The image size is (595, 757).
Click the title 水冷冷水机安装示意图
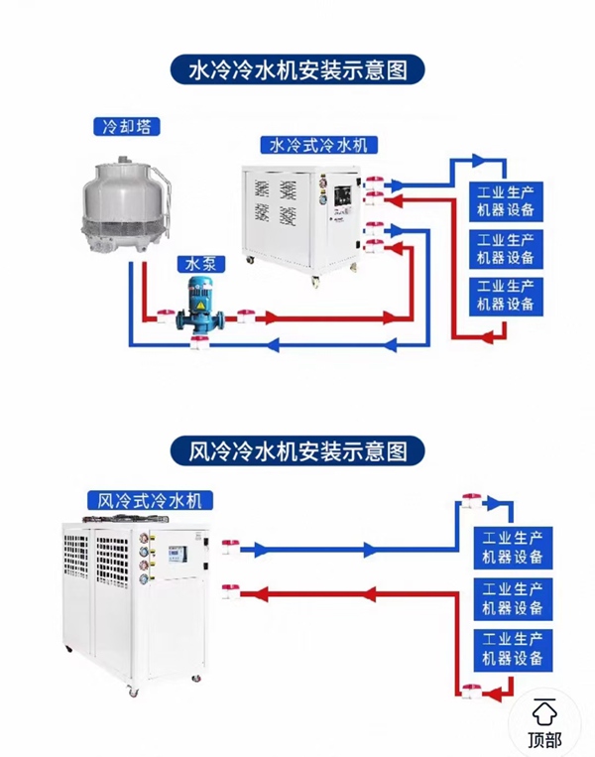297,70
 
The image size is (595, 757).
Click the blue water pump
201,307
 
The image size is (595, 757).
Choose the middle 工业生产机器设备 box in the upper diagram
506,248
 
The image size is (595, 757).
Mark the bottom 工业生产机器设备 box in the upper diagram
506,295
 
